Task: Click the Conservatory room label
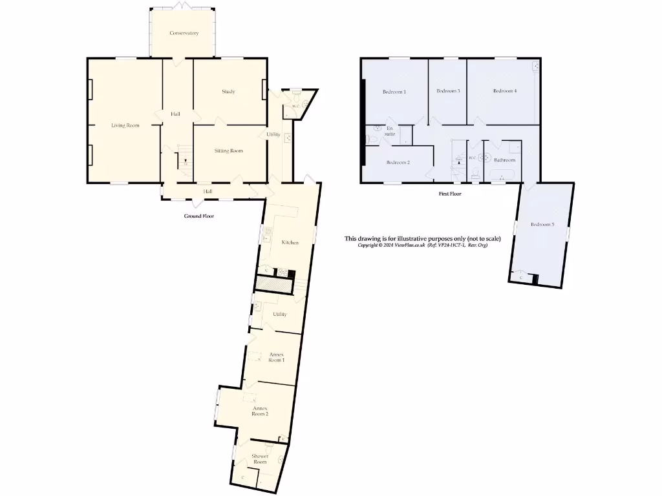tap(184, 33)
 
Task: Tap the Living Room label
tap(125, 125)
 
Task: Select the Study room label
tap(228, 92)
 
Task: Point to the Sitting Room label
tap(228, 150)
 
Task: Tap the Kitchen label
tap(290, 242)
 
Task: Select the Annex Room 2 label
tap(260, 411)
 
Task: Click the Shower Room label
tap(260, 459)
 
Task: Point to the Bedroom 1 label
tap(394, 92)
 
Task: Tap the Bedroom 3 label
tap(448, 91)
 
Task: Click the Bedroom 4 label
tap(505, 91)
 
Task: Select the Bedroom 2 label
tap(398, 162)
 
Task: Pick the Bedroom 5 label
tap(542, 225)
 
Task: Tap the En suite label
tap(390, 131)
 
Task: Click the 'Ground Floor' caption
tap(199, 216)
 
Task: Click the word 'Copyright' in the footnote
tap(370, 245)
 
